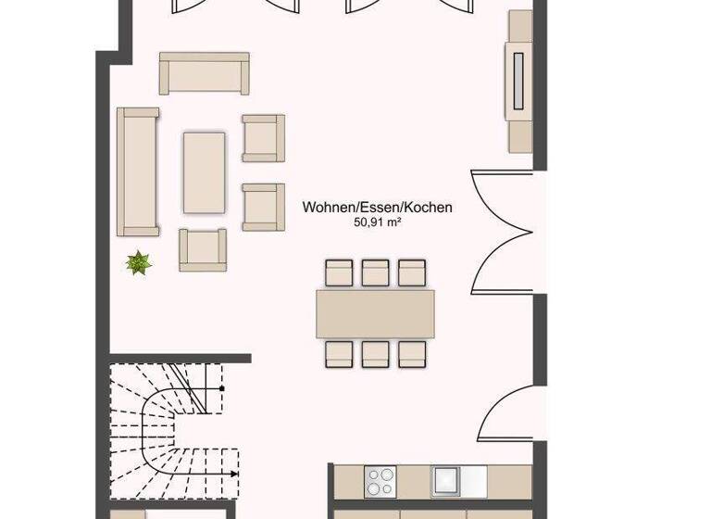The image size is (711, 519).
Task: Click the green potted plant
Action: coord(139,263)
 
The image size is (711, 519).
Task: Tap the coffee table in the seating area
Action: coord(204,172)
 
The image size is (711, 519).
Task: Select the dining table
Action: coord(375,313)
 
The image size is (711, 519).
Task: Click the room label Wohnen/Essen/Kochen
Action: coord(377,208)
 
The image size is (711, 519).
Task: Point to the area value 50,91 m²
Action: coord(377,223)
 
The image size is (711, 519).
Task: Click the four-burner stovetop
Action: coord(380,481)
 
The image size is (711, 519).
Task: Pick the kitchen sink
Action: coord(446,480)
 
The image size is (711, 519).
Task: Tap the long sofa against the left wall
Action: coord(137,171)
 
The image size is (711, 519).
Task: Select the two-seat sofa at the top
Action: coord(205,73)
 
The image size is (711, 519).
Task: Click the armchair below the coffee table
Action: coord(203,248)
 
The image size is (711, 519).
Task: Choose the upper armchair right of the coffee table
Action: coord(263,137)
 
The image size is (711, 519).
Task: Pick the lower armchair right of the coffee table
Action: coord(263,206)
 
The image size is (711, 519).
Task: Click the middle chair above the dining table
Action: coord(375,272)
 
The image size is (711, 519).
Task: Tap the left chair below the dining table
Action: coord(338,354)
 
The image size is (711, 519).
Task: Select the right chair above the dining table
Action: coord(411,272)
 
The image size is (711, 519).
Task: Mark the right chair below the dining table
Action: coord(411,354)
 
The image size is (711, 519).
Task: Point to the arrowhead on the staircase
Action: coord(234,474)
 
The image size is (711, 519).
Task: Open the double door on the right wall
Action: coord(505,232)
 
